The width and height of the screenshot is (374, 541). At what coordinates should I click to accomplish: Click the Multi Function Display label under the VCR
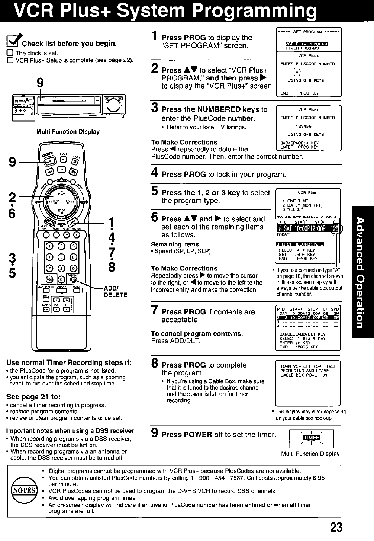[x=68, y=131]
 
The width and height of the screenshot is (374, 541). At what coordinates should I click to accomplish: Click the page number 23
[x=335, y=527]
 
